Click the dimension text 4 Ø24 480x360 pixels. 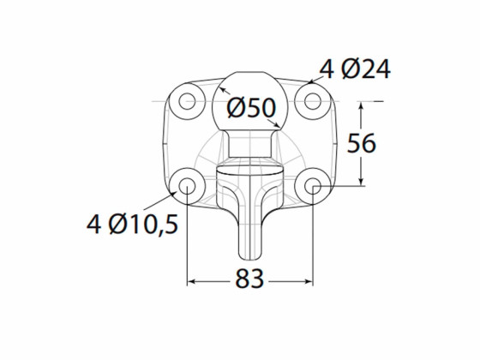click(x=354, y=69)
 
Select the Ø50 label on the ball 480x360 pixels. click(x=249, y=109)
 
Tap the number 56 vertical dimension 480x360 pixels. click(x=362, y=143)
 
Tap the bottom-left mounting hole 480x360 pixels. click(x=187, y=185)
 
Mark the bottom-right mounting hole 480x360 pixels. click(x=312, y=185)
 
